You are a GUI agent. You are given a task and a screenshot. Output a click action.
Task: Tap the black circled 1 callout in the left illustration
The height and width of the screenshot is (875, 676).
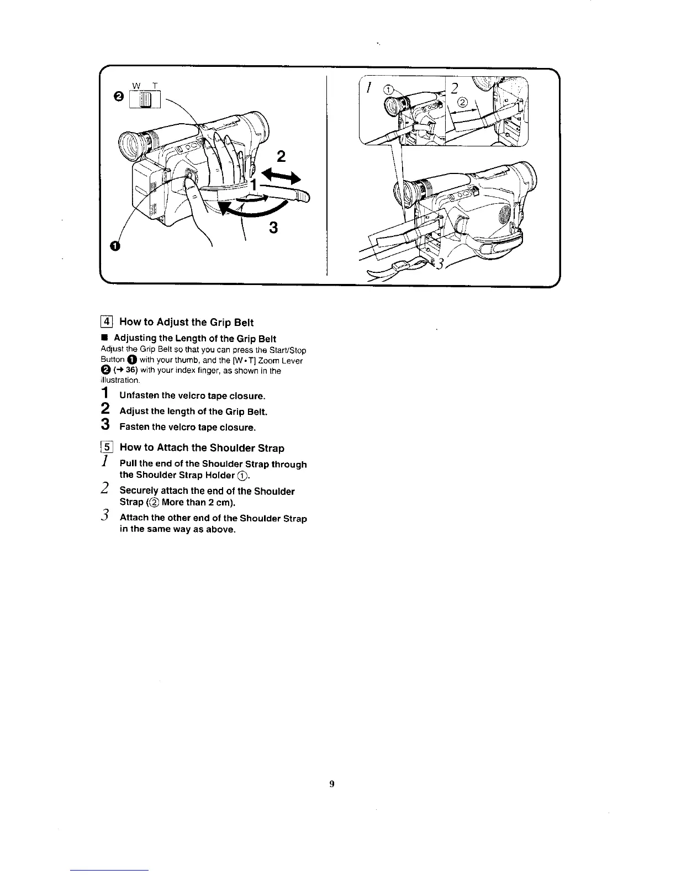[x=114, y=246]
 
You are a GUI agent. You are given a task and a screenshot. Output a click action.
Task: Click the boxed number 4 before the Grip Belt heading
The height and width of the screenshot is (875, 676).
[x=108, y=322]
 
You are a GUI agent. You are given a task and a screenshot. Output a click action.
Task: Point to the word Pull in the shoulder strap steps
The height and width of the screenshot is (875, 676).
[x=129, y=464]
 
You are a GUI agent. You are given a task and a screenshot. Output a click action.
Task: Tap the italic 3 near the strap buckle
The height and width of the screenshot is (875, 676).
[x=440, y=263]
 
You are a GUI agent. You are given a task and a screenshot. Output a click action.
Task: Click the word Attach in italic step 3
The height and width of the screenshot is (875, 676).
[x=134, y=518]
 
